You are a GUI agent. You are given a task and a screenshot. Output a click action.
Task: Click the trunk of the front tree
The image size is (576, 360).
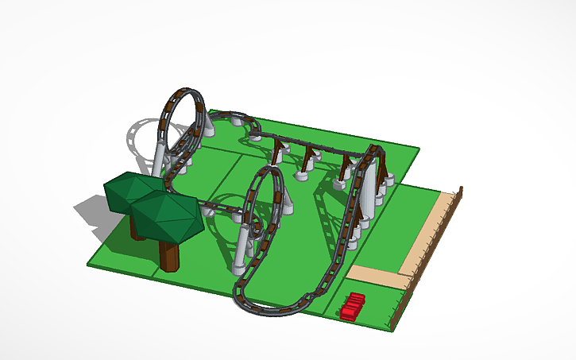(x=169, y=254)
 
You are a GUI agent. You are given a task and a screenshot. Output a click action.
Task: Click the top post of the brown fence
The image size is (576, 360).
(x=461, y=191)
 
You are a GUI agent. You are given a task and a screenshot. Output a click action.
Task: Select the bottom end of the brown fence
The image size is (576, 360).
(x=389, y=326)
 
